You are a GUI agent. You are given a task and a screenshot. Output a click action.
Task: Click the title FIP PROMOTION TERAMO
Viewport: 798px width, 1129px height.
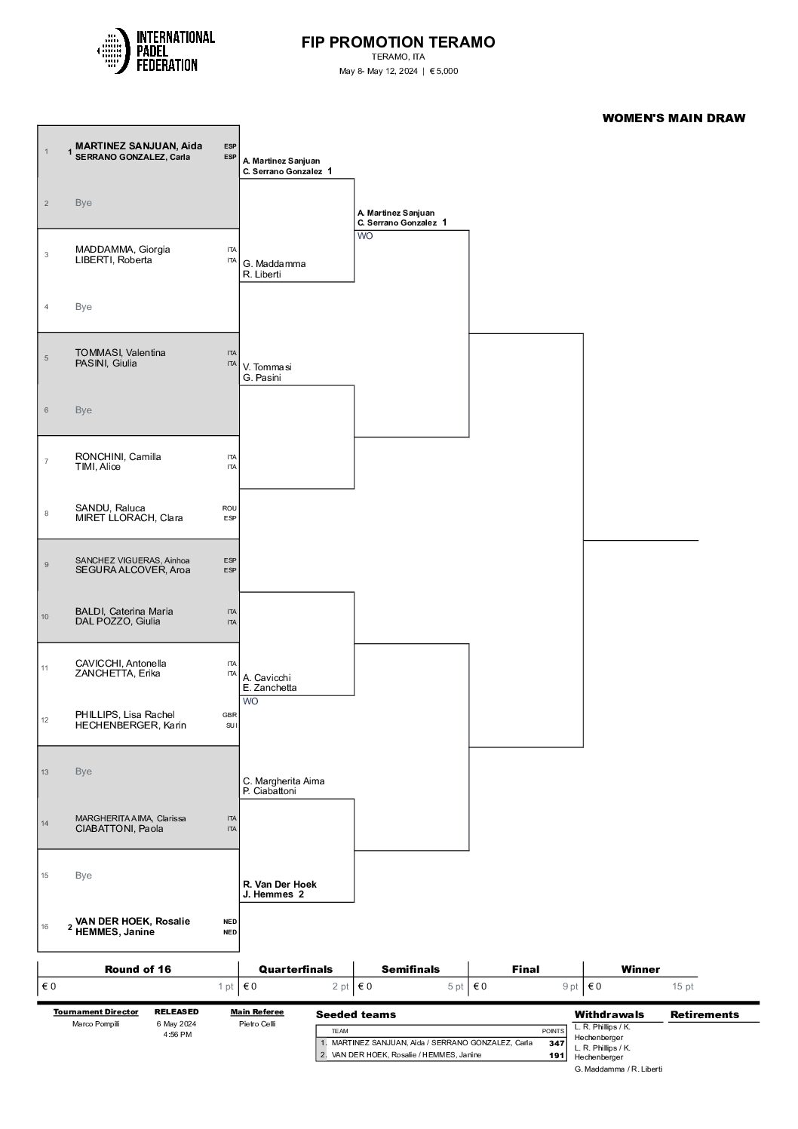point(398,42)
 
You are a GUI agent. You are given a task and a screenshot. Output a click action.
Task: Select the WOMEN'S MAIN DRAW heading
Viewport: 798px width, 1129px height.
point(674,118)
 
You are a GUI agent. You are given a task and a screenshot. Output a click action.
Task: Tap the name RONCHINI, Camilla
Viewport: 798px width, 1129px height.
point(118,456)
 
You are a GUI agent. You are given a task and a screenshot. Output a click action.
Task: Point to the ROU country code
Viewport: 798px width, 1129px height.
point(229,508)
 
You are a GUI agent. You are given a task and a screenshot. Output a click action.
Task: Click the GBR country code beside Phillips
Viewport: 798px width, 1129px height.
point(229,715)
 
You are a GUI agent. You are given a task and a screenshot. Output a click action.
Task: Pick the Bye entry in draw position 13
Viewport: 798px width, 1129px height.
point(84,772)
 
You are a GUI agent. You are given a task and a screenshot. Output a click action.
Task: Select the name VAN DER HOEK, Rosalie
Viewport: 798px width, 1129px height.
point(133,921)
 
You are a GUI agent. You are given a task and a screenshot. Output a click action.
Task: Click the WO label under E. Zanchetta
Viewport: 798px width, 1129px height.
point(250,701)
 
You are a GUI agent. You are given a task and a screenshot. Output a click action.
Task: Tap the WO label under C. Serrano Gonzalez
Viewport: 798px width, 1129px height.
point(365,236)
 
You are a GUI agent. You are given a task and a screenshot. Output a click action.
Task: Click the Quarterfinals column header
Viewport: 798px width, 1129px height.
point(296,969)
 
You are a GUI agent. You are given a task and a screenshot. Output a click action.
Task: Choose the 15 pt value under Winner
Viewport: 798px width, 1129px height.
point(683,986)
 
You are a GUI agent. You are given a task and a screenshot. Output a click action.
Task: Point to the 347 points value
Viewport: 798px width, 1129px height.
point(557,1043)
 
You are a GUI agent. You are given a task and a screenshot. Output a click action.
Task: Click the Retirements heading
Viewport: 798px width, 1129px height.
point(704,1014)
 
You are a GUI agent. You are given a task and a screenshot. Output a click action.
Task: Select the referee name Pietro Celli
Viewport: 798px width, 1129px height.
point(257,1023)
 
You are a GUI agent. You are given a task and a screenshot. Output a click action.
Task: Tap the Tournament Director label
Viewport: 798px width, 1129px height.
point(96,1011)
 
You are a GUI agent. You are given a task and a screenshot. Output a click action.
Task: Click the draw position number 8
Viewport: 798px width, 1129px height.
point(46,513)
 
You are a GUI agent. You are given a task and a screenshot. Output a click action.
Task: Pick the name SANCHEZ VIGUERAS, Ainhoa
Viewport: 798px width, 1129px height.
point(133,560)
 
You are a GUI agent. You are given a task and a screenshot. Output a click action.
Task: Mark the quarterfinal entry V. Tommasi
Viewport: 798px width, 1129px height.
point(267,367)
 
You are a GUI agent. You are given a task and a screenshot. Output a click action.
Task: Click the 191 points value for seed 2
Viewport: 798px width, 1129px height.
point(557,1055)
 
